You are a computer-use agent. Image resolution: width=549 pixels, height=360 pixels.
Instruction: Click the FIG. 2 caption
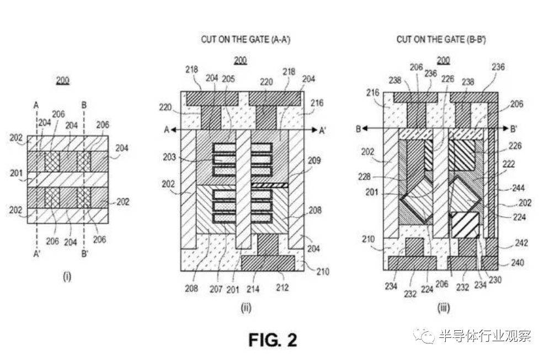[x=272, y=340]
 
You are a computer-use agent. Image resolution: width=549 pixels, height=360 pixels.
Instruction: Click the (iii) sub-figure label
[x=443, y=308]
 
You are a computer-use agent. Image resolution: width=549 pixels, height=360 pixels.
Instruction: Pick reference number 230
[x=495, y=279]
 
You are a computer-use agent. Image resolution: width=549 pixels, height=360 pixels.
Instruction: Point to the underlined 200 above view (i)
[x=62, y=81]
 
